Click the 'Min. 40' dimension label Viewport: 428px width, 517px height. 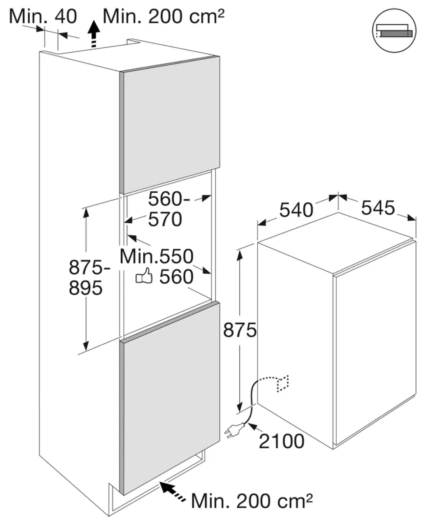coord(43,16)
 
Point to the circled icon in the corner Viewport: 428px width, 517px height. coord(394,30)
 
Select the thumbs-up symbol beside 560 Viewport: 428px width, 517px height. coord(144,276)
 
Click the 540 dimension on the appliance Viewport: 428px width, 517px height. coord(296,210)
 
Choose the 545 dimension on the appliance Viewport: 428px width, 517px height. coord(378,208)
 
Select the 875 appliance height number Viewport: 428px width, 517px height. coord(240,330)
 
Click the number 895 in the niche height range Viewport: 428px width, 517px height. coord(86,288)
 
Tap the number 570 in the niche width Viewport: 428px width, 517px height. coord(165,219)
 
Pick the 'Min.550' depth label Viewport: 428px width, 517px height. coord(156,256)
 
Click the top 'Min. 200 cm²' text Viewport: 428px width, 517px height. coord(164,16)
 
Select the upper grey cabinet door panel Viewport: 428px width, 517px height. coord(170,125)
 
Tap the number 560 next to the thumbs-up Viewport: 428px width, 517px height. coord(176,277)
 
